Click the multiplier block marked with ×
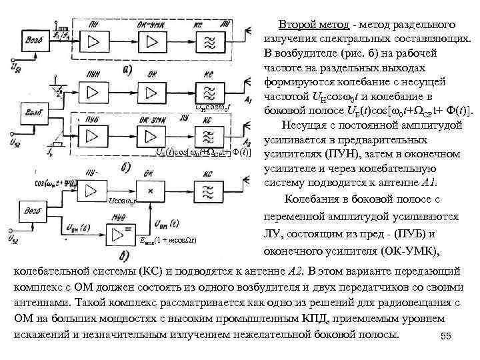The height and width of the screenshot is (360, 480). click(153, 191)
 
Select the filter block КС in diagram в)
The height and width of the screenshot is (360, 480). click(207, 191)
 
